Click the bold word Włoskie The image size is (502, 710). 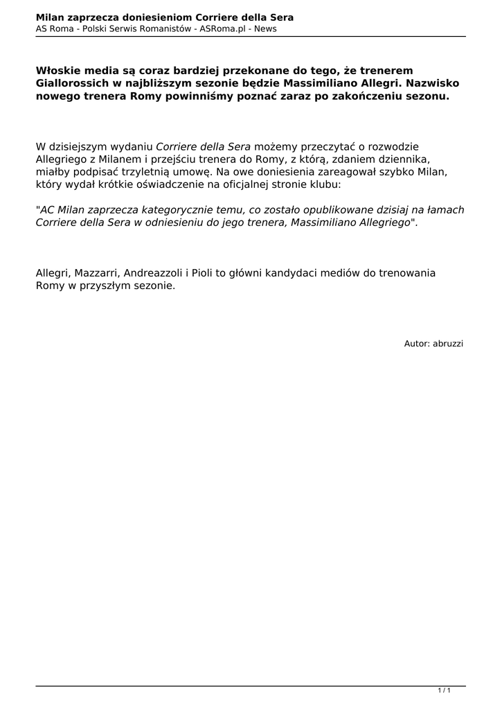60,71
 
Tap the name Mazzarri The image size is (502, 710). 96,272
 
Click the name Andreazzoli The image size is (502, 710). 154,272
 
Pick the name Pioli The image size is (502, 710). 201,272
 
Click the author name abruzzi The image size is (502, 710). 448,343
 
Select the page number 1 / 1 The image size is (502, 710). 444,691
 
